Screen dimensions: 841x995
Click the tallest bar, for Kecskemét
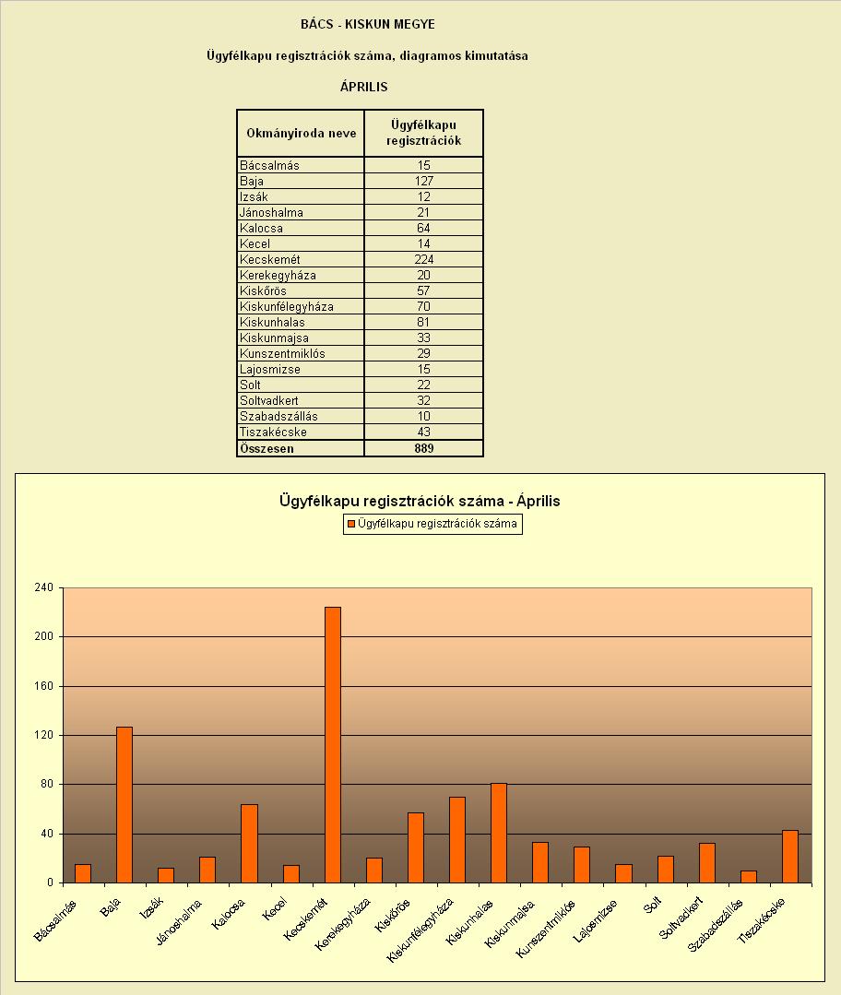[x=333, y=745]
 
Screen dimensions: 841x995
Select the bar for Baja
[x=124, y=805]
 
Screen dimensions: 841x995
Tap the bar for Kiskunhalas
[x=499, y=834]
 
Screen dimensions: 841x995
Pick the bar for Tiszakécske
[x=790, y=857]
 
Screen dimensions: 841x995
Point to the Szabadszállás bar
[x=749, y=877]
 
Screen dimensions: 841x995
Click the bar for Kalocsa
[x=250, y=844]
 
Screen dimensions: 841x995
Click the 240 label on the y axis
[x=44, y=587]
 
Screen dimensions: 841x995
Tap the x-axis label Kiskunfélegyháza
[x=420, y=930]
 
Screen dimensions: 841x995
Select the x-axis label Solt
[x=653, y=905]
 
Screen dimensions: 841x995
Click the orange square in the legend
[x=350, y=524]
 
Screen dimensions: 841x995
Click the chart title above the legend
[x=420, y=501]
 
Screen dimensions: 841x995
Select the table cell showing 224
[x=423, y=259]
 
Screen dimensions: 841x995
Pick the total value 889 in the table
[x=423, y=449]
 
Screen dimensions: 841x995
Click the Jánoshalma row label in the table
[x=271, y=213]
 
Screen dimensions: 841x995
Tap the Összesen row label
[x=267, y=449]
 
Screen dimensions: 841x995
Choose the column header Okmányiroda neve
[x=302, y=134]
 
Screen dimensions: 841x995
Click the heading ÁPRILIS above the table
[x=363, y=87]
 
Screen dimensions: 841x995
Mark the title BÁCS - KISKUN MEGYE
[x=368, y=24]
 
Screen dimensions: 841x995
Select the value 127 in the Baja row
[x=423, y=181]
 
